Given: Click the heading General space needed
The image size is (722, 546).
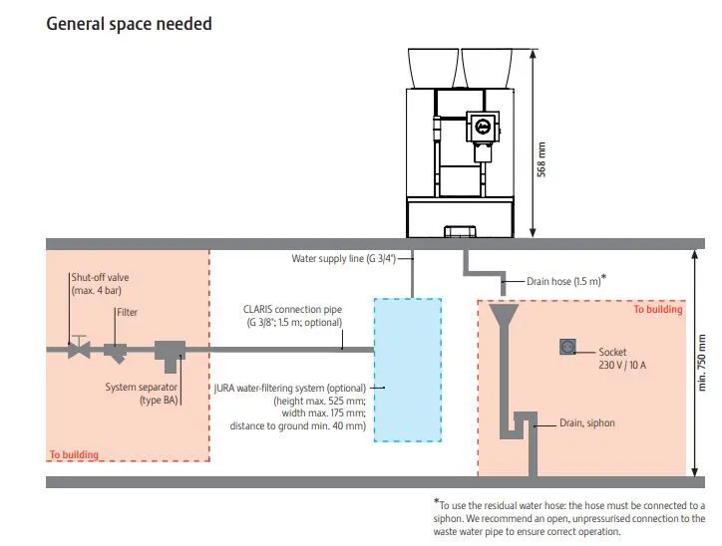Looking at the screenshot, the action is (129, 24).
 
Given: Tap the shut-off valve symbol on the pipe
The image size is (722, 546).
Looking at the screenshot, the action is (79, 348).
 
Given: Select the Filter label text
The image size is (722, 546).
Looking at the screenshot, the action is (127, 312).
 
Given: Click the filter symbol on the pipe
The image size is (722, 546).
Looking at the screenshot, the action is (115, 353).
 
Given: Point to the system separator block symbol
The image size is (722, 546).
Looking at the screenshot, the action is (170, 356).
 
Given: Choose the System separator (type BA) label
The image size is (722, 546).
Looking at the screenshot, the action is (141, 394).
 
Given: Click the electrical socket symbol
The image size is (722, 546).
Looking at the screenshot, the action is (567, 347).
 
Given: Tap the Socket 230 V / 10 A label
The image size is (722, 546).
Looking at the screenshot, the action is (622, 359).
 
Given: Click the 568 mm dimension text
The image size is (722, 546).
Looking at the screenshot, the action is (541, 159).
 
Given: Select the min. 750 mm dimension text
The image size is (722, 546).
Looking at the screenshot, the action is (702, 363).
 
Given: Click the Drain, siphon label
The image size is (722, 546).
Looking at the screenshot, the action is (587, 422).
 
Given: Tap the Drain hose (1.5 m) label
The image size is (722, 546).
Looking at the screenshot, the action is (565, 280).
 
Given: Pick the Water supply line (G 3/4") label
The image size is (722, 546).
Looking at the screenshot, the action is (343, 258).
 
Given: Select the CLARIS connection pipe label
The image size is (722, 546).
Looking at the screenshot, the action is (293, 316).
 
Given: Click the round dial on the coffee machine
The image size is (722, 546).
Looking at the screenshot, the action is (482, 126).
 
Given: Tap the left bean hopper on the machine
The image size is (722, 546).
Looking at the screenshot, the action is (433, 69).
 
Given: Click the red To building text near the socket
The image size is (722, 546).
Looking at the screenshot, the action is (657, 309).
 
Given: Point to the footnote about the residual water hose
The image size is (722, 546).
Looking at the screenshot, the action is (569, 517).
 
